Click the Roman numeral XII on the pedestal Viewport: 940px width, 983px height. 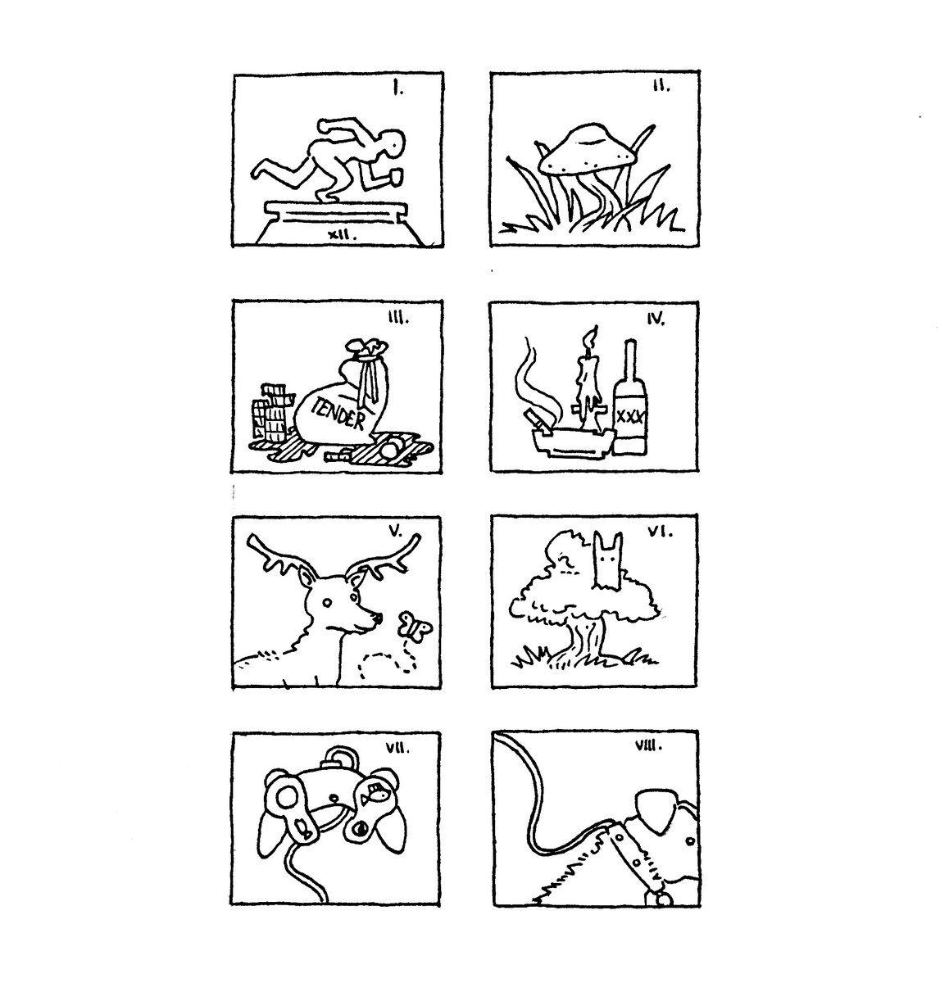pyautogui.click(x=342, y=234)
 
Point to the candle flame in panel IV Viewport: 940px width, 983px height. pyautogui.click(x=590, y=338)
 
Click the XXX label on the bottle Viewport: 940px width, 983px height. pyautogui.click(x=630, y=417)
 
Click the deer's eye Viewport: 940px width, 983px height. pyautogui.click(x=328, y=603)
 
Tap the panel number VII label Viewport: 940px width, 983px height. pyautogui.click(x=397, y=749)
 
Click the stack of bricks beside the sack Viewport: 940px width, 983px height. pyautogui.click(x=272, y=412)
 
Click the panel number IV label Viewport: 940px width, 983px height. pyautogui.click(x=656, y=319)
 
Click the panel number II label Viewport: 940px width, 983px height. pyautogui.click(x=661, y=86)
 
